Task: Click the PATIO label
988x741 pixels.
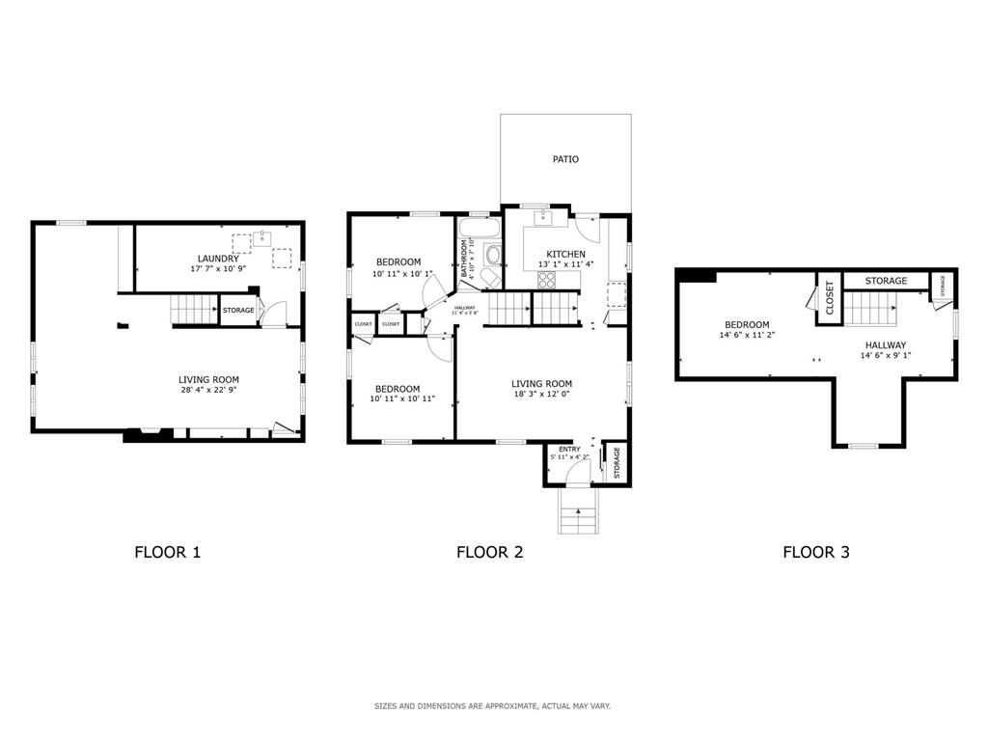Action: [565, 159]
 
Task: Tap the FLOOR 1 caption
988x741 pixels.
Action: [167, 553]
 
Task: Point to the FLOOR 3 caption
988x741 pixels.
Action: [815, 553]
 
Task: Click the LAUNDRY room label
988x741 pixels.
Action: [218, 259]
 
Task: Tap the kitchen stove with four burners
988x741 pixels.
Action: [546, 280]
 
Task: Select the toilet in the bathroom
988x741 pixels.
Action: [492, 256]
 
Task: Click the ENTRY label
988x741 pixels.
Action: [569, 449]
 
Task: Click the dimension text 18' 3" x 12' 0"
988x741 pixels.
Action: [541, 394]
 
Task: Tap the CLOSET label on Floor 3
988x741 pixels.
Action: [829, 298]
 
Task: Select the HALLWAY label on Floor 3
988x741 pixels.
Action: [885, 344]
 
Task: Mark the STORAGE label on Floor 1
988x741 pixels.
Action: [238, 311]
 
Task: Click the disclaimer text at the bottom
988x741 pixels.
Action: [492, 706]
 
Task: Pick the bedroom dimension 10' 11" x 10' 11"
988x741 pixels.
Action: [403, 398]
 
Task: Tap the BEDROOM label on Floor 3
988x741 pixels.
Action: [747, 324]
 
